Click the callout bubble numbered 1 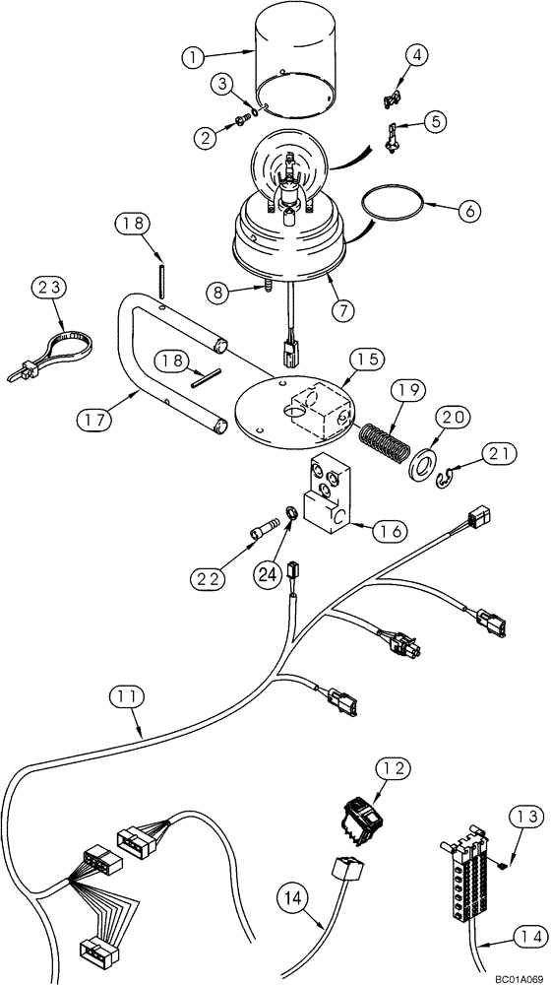click(192, 57)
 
